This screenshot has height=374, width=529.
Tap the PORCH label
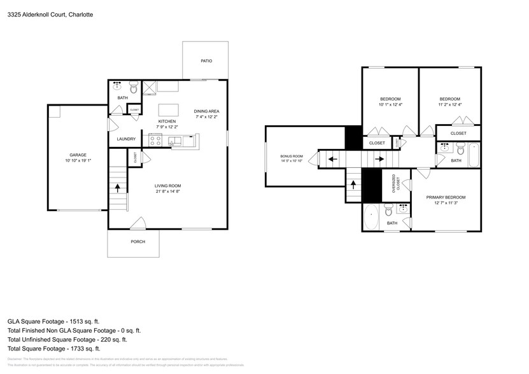point(138,241)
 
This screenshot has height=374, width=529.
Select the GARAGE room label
point(78,155)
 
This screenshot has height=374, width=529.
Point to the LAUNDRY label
point(125,139)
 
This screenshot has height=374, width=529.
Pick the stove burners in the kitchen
point(153,140)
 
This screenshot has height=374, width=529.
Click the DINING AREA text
point(206,111)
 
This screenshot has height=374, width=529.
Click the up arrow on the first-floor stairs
point(117,188)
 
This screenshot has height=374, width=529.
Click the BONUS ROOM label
point(292,156)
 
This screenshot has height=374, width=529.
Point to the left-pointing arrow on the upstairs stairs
point(331,158)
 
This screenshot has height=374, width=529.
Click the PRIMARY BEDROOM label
point(445,197)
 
